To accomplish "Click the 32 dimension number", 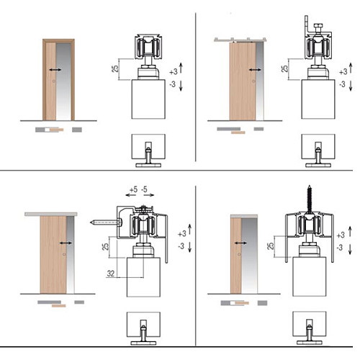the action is point(111,273).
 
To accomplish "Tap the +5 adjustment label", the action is point(133,189).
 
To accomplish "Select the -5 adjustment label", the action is point(144,189).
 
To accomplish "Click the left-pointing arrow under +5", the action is point(131,195).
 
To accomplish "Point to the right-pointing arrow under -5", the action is point(149,195).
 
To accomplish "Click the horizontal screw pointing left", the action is point(106,222).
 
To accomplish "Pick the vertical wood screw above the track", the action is point(310,199).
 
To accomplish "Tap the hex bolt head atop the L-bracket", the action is point(318,25).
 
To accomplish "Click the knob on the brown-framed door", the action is point(54,81).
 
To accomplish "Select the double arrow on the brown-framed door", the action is point(55,70).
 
